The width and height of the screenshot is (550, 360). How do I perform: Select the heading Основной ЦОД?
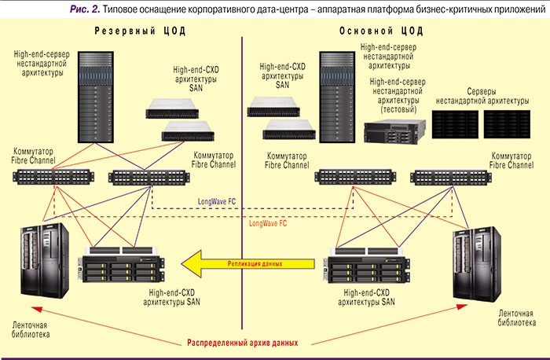tap(381, 32)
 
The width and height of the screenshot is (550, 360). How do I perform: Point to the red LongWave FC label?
tap(267, 223)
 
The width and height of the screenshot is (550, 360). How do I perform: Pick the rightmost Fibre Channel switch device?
tap(445, 177)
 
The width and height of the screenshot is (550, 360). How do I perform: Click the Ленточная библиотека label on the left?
tap(31, 329)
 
